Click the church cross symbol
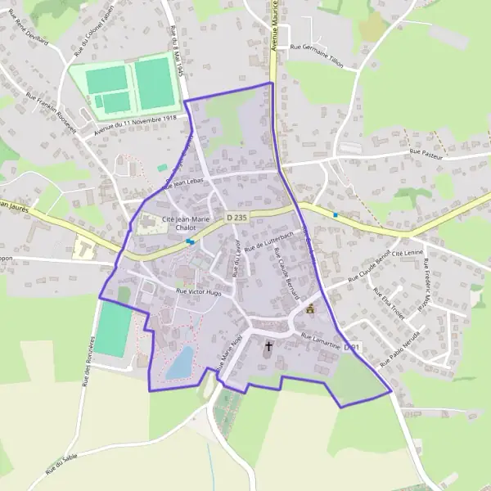[268, 346]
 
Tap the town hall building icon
[310, 309]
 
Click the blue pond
[181, 363]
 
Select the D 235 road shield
[236, 217]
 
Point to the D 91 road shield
[352, 348]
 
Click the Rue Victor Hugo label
[199, 291]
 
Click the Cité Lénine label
[409, 254]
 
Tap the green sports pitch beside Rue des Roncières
[114, 329]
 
